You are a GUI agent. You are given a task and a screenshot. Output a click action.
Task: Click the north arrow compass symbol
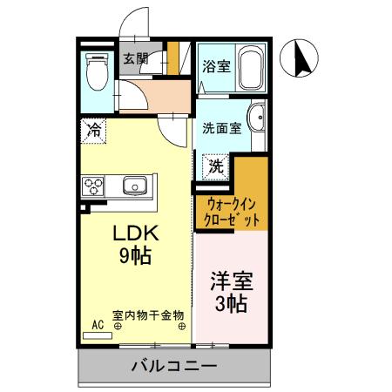pyautogui.click(x=302, y=59)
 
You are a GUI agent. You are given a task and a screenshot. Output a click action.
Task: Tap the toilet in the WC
pyautogui.click(x=96, y=70)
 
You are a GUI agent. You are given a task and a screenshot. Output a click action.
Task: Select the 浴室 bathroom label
pyautogui.click(x=216, y=65)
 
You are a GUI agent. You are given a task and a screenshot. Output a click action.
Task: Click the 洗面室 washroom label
pyautogui.click(x=221, y=128)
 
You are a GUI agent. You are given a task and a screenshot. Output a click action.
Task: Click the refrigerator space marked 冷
pyautogui.click(x=93, y=130)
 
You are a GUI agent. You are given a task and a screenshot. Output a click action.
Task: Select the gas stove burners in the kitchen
pyautogui.click(x=93, y=186)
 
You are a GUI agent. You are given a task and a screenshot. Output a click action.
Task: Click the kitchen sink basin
pyautogui.click(x=135, y=186)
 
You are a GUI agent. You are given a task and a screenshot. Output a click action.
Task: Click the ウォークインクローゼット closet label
pyautogui.click(x=231, y=213)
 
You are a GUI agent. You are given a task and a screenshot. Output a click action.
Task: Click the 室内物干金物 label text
pyautogui.click(x=148, y=315)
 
